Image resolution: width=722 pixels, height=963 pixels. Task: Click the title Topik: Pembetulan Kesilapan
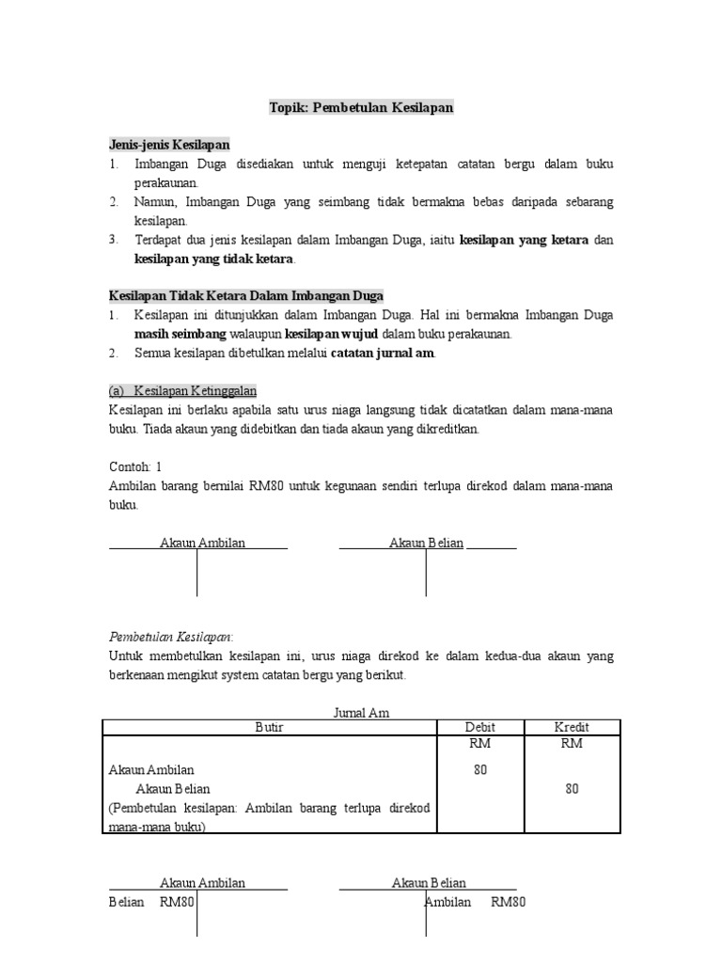tap(361, 107)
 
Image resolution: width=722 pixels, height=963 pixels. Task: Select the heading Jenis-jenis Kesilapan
tap(169, 145)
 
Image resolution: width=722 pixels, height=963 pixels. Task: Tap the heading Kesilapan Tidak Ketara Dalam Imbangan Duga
tap(246, 296)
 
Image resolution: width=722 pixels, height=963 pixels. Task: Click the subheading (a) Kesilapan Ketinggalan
tap(182, 391)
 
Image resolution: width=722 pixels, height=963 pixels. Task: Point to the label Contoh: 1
tap(135, 467)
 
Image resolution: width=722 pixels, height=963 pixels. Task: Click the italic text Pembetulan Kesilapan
tap(171, 638)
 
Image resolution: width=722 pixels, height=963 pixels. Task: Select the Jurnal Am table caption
tap(361, 713)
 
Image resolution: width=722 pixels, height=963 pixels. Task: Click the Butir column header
tap(269, 727)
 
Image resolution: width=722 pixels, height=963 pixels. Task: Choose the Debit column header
tap(480, 727)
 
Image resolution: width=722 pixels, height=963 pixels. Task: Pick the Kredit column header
tap(572, 727)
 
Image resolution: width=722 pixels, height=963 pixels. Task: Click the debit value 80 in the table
tap(480, 769)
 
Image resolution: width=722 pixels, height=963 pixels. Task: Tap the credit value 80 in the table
tap(572, 789)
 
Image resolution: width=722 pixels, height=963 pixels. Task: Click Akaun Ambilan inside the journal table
tap(151, 769)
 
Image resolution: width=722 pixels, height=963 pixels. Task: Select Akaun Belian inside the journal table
tap(173, 789)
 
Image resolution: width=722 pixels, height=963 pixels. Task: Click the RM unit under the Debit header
tap(480, 744)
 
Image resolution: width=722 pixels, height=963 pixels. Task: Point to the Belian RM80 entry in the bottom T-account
tap(151, 903)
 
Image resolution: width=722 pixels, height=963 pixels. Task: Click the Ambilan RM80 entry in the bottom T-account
tap(475, 903)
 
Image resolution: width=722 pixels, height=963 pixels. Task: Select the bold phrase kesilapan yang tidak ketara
tap(214, 259)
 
